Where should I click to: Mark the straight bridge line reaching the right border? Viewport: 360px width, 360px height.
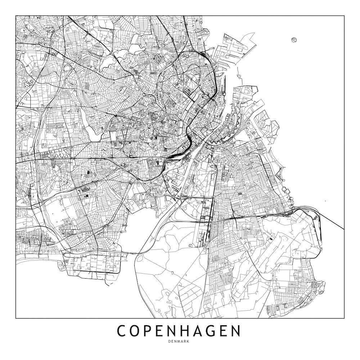[331, 220]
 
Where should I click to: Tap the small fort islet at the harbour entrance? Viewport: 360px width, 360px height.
[239, 76]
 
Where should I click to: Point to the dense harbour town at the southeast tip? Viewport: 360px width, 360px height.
[317, 286]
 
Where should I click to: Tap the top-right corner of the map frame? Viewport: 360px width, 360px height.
[344, 16]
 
